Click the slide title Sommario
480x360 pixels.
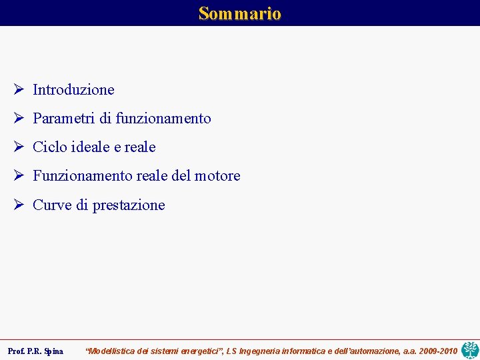click(x=240, y=13)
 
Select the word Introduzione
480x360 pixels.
click(x=73, y=89)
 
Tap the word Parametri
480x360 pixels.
click(x=64, y=119)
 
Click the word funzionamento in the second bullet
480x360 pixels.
click(x=163, y=119)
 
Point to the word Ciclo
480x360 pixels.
click(x=49, y=147)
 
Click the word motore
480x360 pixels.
click(x=217, y=176)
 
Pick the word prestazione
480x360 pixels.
click(x=129, y=205)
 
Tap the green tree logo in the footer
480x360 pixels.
click(x=470, y=349)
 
